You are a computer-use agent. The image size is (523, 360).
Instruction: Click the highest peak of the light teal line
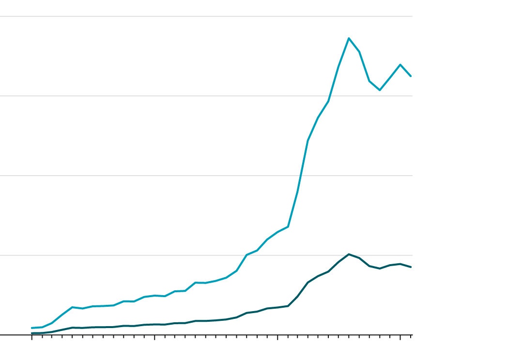(349, 38)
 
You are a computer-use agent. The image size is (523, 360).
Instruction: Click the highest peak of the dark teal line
(349, 254)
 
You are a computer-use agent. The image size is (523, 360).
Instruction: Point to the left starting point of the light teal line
(32, 328)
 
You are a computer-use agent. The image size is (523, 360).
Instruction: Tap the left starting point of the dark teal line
(32, 333)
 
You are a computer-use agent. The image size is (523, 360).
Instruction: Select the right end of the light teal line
(411, 76)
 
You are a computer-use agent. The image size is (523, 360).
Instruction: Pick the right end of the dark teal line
(411, 267)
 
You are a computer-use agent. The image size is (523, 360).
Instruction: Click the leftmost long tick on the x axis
(32, 337)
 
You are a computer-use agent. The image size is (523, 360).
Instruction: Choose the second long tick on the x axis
(154, 337)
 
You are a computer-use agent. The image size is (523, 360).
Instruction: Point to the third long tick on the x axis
(277, 337)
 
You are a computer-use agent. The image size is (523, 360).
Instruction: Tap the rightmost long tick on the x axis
(400, 337)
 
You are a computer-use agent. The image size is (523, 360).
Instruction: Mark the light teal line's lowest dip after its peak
(380, 90)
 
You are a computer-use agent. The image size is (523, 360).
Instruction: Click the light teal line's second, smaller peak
(400, 64)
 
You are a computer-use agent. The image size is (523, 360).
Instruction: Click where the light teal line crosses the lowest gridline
(246, 255)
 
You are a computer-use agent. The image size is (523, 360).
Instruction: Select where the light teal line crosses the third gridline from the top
(300, 176)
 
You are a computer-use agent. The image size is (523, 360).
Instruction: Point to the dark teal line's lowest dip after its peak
(380, 269)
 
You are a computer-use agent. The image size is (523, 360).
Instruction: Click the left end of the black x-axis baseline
(1, 335)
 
